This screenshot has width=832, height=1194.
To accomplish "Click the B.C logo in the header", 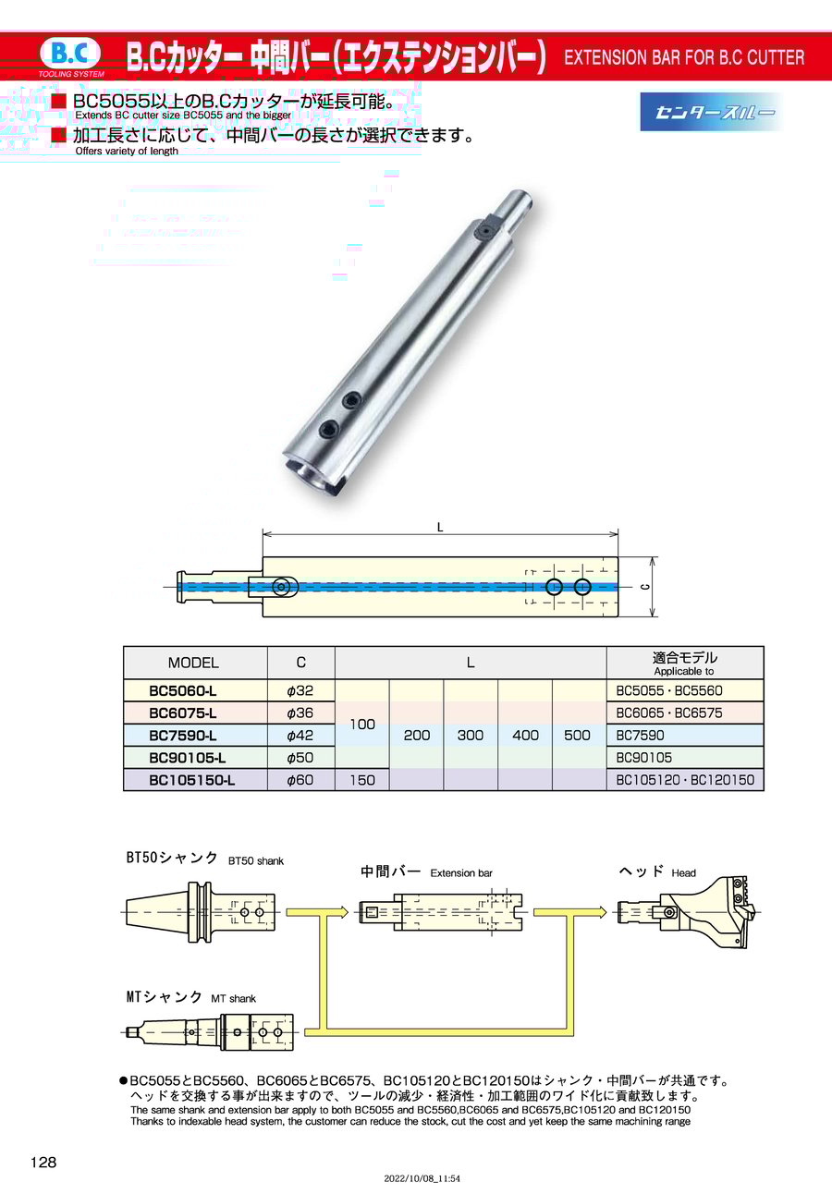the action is tap(70, 55).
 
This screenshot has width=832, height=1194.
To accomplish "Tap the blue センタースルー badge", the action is tap(709, 112).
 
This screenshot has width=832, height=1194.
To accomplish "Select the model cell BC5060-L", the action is tap(183, 691).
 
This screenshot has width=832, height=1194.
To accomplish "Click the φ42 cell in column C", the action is tap(300, 736).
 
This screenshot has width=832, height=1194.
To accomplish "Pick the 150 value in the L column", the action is tap(362, 780).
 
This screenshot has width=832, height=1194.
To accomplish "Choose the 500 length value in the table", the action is tap(577, 736).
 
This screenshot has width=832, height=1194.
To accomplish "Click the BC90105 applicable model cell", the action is tap(643, 758).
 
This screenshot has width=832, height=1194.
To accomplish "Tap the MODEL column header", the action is tap(193, 663).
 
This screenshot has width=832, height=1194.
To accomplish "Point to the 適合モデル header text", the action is tap(684, 657).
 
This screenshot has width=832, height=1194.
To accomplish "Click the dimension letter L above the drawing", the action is tap(440, 528).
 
